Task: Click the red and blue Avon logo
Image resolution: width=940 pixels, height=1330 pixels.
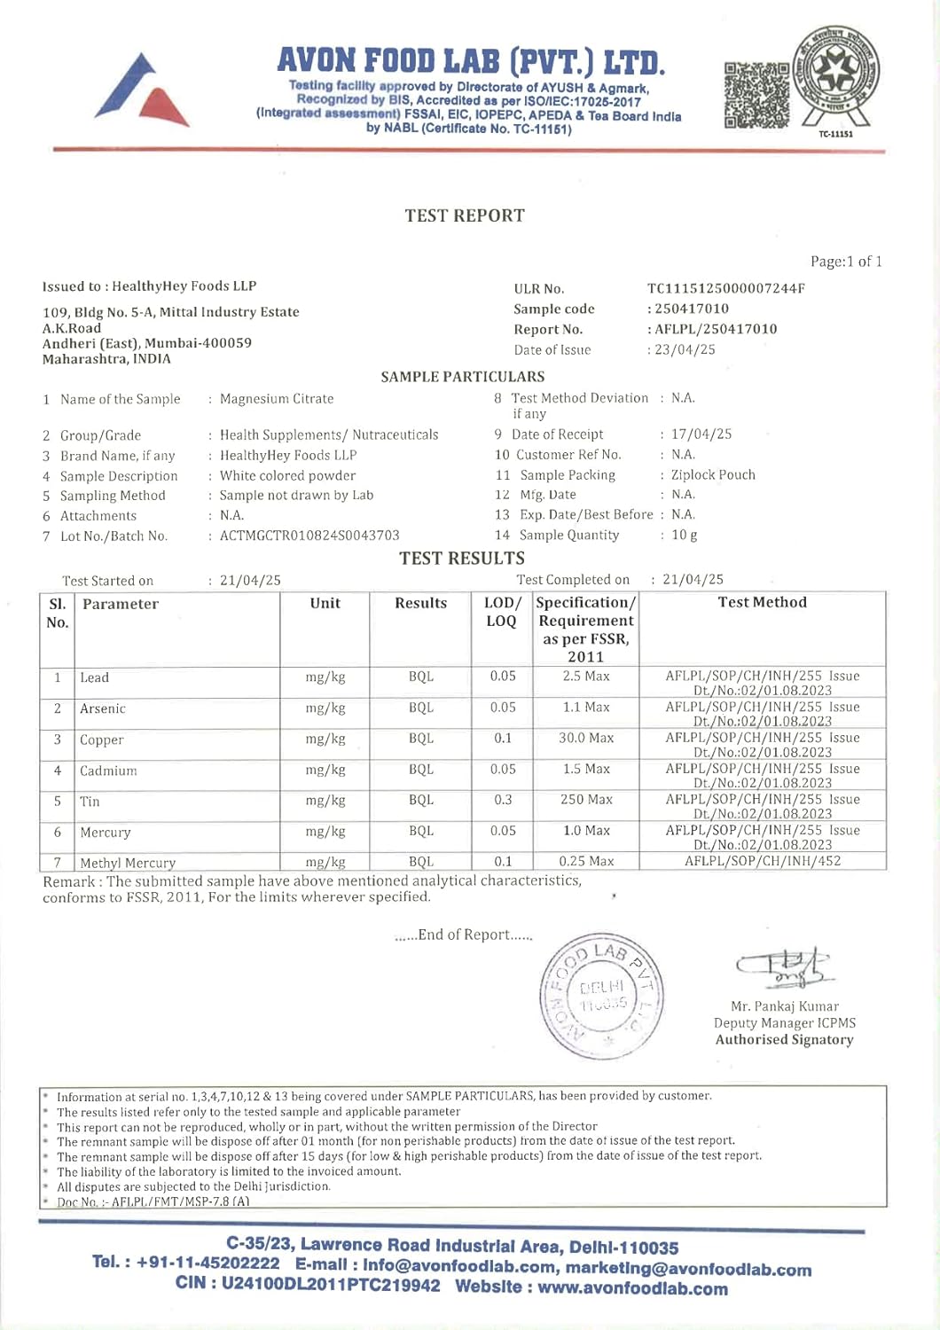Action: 142,90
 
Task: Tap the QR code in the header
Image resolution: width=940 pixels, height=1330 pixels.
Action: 756,95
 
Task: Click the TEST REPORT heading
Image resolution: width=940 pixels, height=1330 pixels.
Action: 465,215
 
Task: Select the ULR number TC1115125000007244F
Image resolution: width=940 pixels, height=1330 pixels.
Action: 725,288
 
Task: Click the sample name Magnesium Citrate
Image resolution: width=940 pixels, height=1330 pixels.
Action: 277,399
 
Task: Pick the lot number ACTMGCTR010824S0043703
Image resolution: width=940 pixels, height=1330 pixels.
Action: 309,536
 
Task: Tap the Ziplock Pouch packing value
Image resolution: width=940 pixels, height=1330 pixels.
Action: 713,474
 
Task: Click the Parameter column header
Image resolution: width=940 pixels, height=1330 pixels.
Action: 121,604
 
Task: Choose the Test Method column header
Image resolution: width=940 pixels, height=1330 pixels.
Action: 762,602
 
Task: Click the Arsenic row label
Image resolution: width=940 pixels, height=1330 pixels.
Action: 103,708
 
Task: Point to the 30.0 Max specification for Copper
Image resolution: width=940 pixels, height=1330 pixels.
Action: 586,738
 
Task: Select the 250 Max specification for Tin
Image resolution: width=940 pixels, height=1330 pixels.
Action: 586,800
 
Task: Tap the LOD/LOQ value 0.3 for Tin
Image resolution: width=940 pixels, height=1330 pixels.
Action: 503,800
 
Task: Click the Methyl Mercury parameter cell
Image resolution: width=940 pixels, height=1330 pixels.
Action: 128,863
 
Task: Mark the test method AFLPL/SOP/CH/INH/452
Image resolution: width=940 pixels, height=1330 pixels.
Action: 762,861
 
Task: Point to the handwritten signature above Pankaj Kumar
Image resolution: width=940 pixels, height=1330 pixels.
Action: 781,967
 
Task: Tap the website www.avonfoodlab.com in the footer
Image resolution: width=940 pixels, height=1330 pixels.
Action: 632,1288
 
